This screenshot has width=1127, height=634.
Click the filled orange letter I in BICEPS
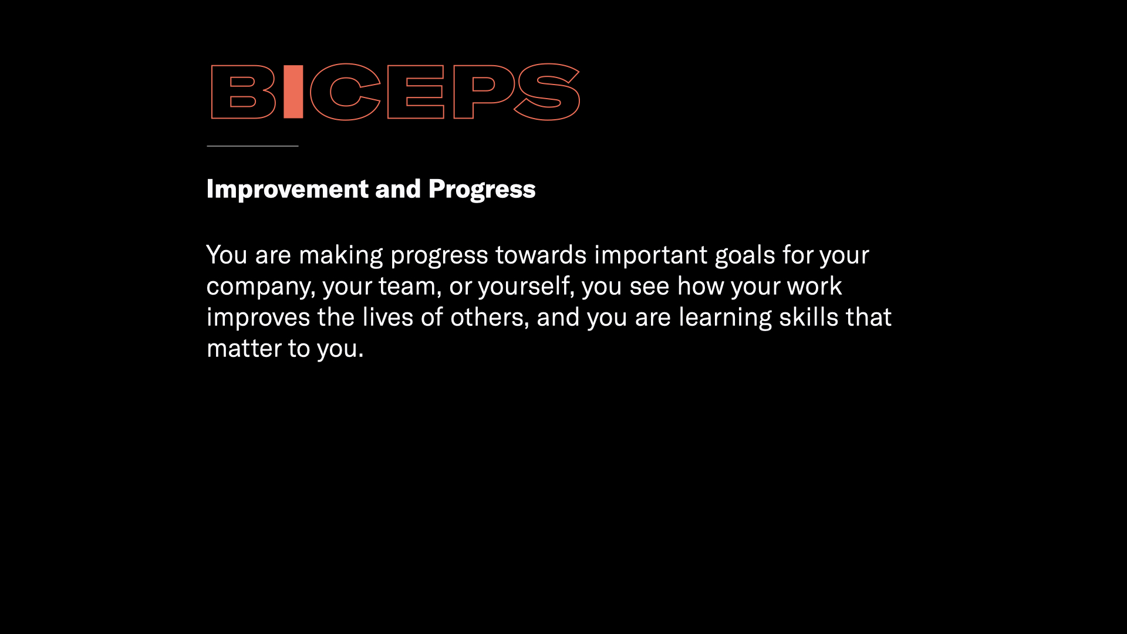pos(293,92)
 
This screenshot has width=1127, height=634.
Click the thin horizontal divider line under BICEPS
pos(252,146)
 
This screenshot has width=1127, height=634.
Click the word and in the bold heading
pos(398,189)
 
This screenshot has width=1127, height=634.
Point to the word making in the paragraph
pos(341,255)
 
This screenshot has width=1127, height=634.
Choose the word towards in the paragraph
pos(541,255)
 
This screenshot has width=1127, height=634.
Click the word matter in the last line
pos(244,349)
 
